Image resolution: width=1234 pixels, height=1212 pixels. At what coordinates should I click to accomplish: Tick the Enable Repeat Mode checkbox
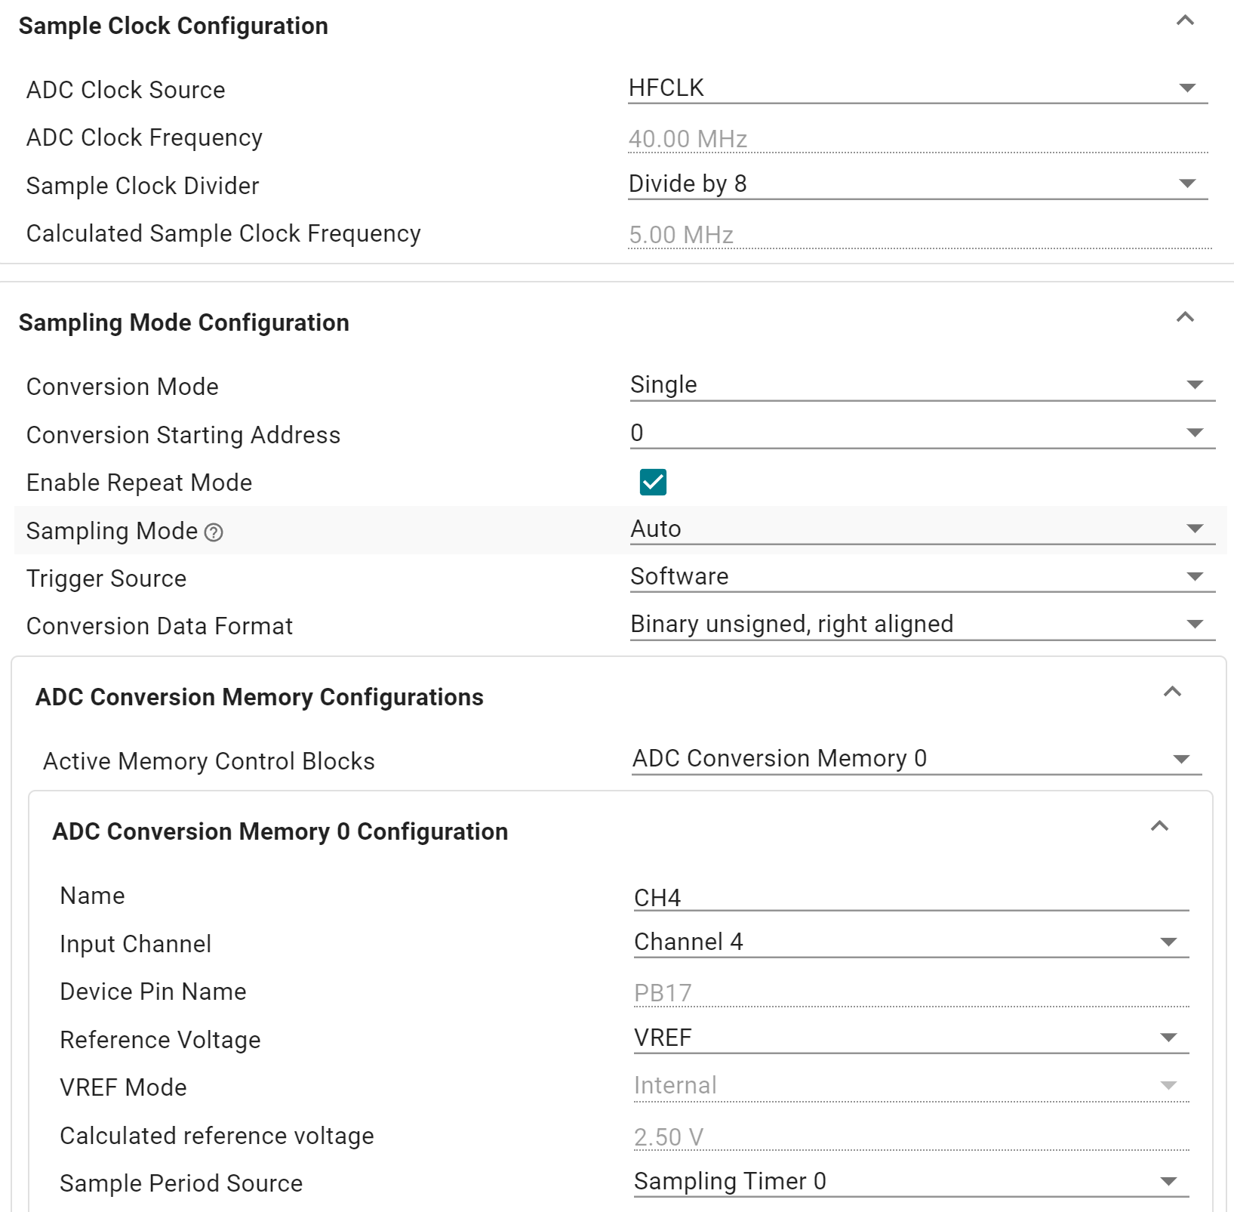tap(653, 482)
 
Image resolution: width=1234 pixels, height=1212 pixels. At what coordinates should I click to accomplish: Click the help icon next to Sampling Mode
tap(214, 532)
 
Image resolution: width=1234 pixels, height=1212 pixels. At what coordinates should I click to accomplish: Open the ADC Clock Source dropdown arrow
tap(1187, 88)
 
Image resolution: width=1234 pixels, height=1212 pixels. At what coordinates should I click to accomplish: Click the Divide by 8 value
tap(688, 183)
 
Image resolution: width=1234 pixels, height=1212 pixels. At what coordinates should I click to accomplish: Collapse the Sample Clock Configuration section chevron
tap(1185, 21)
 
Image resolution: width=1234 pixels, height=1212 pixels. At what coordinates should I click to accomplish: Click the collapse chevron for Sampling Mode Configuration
tap(1185, 318)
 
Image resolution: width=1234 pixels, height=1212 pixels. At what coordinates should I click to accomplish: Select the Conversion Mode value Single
tap(663, 384)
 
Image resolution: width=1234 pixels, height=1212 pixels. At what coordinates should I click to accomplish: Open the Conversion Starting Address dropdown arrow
tap(1194, 433)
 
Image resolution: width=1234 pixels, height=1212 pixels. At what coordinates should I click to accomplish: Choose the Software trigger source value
tap(679, 576)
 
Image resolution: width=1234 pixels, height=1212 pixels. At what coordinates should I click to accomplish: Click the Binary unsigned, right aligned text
tap(792, 624)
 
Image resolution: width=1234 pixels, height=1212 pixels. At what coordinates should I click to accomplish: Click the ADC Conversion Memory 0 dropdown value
tap(780, 758)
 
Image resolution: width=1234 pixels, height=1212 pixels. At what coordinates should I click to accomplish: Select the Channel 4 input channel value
tap(688, 942)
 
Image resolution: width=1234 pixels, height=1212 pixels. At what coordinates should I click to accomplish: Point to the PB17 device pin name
tap(663, 992)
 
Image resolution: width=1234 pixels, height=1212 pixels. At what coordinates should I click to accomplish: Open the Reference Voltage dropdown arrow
tap(1168, 1038)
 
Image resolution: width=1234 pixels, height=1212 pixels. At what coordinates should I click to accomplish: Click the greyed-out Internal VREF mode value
tap(675, 1085)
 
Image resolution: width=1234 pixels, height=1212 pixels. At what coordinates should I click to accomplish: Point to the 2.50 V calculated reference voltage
tap(669, 1136)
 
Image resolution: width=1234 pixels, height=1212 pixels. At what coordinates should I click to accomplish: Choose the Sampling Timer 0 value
tap(730, 1181)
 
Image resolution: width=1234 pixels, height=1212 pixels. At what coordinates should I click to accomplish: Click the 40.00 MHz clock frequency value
tap(688, 139)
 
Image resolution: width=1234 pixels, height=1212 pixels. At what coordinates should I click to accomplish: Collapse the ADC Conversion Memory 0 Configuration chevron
tap(1159, 827)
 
